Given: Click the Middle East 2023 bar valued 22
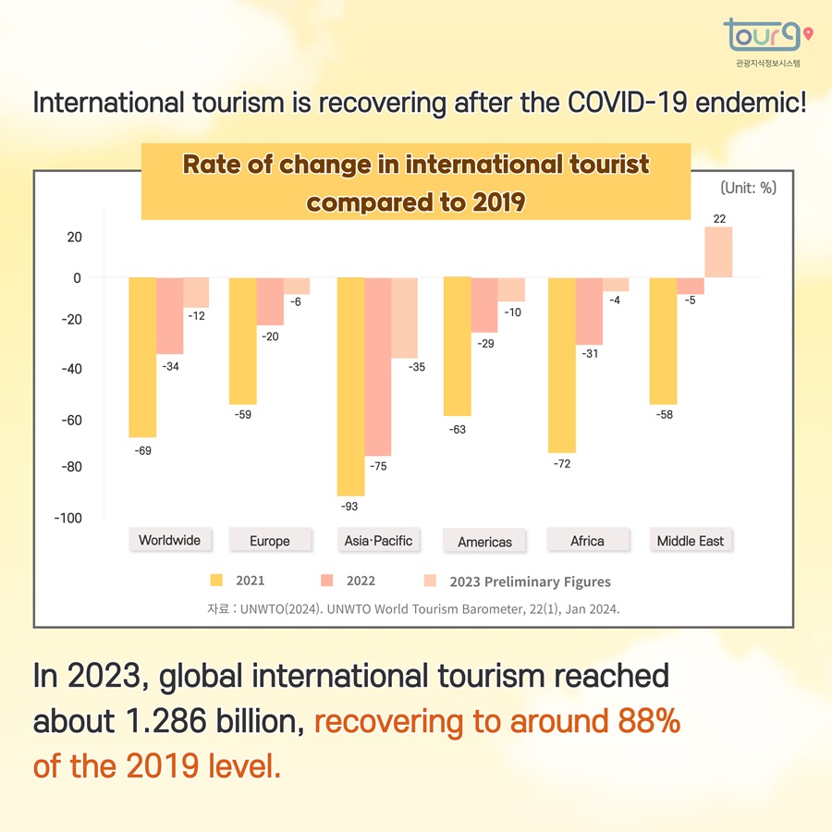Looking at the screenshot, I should [718, 252].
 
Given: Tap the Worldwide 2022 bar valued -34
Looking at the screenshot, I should [169, 315].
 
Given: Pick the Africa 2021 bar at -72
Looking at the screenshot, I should [562, 364].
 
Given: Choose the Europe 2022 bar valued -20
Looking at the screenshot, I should [270, 301].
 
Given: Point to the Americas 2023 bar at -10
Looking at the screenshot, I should [511, 289].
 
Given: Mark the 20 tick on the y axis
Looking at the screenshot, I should [73, 237].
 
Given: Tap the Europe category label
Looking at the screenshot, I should [270, 541].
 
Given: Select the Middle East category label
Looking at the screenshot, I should [690, 541].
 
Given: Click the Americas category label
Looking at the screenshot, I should [484, 542].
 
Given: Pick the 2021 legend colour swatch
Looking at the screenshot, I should [217, 581].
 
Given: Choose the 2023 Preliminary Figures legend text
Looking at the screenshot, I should [530, 581].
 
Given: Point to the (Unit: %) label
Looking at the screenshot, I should [748, 188].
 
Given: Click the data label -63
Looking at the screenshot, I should [457, 430].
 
